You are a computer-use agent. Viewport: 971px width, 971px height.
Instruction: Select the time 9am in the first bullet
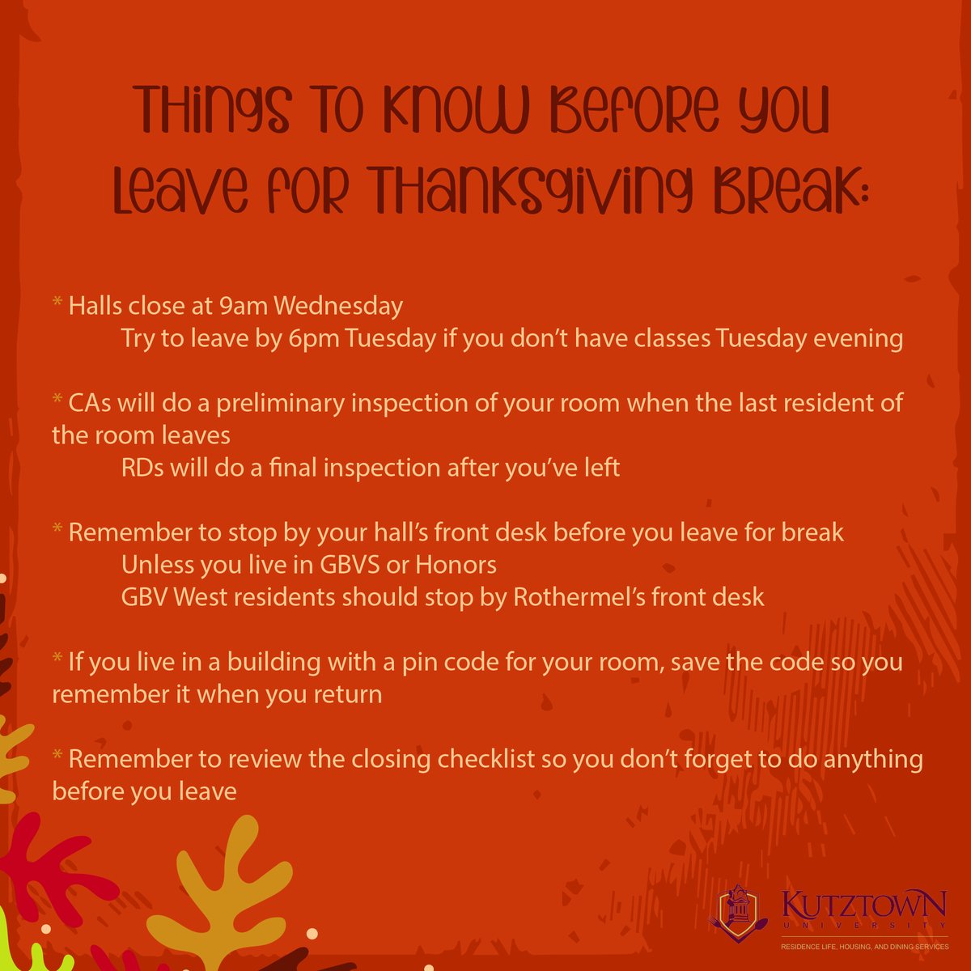[244, 306]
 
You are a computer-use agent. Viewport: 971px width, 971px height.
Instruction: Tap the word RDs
[142, 468]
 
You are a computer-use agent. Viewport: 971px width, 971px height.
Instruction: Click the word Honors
[456, 565]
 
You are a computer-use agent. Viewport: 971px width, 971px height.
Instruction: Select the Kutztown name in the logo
[865, 903]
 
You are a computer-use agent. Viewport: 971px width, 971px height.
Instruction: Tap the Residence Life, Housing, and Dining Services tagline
[863, 946]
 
